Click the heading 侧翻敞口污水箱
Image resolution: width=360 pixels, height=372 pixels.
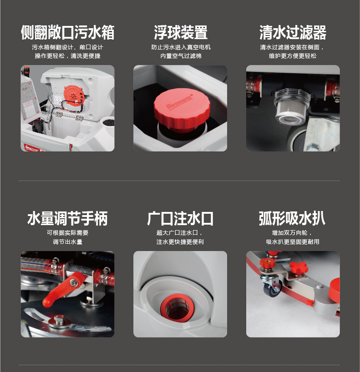(68, 32)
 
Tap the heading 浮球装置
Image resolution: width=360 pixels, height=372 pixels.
(181, 32)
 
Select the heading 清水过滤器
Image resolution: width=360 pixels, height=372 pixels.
(293, 32)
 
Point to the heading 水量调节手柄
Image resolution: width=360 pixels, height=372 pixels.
(68, 218)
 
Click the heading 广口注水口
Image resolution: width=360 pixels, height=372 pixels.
(180, 218)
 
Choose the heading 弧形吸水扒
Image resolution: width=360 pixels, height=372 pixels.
(292, 218)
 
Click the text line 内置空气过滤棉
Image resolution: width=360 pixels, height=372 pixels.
(181, 56)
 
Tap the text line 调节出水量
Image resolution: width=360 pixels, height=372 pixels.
(68, 242)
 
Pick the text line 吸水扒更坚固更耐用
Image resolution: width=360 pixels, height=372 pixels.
(293, 242)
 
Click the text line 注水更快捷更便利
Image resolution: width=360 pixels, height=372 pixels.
(180, 242)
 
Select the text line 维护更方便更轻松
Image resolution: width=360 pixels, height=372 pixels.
(293, 56)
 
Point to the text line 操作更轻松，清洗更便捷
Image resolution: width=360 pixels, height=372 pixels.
(68, 56)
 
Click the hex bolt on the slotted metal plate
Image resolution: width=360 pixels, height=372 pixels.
(59, 320)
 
